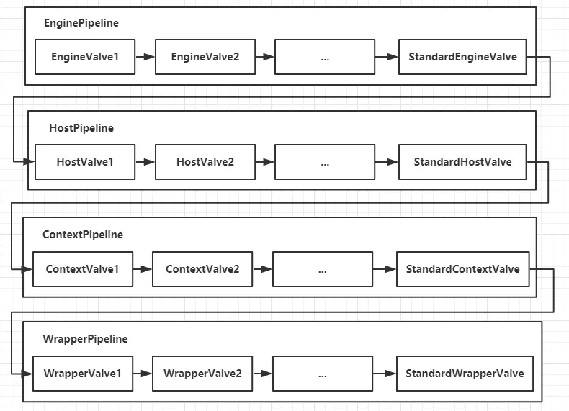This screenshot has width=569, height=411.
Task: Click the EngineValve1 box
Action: tap(85, 57)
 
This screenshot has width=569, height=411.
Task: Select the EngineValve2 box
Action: tap(205, 57)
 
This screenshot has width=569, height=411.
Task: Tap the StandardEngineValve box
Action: tap(462, 57)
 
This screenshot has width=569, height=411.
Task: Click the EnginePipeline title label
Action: tap(81, 23)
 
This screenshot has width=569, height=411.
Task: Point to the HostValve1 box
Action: tap(85, 162)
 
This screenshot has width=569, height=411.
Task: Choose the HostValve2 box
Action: tap(205, 162)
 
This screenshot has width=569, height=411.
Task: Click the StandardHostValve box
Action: tap(462, 162)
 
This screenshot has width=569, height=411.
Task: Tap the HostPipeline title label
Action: tap(81, 128)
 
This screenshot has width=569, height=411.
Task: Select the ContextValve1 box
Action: tap(83, 269)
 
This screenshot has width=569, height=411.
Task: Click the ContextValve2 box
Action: tap(202, 269)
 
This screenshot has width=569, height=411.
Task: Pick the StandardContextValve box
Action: tap(462, 269)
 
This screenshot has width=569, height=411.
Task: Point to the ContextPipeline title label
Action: tap(83, 235)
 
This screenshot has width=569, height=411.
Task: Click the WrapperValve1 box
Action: tap(83, 374)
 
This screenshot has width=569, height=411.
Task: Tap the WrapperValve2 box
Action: tap(202, 374)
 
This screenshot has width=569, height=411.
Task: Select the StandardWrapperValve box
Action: tap(465, 374)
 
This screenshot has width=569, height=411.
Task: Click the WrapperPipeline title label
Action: tap(85, 339)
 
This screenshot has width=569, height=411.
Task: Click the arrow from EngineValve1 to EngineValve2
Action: tap(145, 57)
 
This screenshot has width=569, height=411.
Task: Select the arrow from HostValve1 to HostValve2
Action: tap(145, 162)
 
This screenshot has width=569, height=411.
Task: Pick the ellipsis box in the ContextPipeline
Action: tap(323, 269)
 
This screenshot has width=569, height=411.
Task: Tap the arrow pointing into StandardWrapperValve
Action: tap(385, 374)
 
